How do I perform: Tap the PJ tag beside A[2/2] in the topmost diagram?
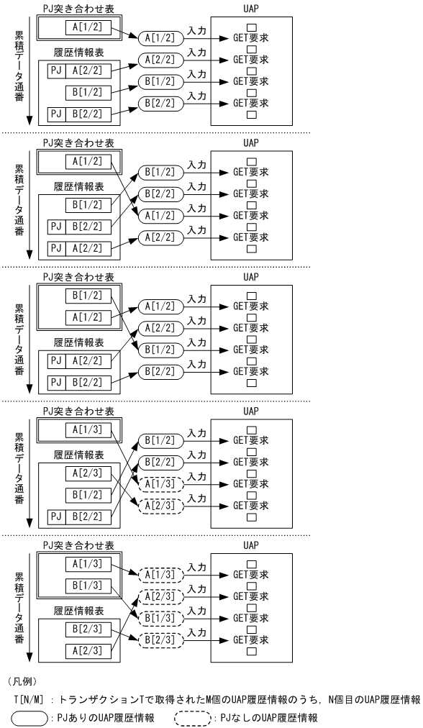[x=58, y=70]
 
